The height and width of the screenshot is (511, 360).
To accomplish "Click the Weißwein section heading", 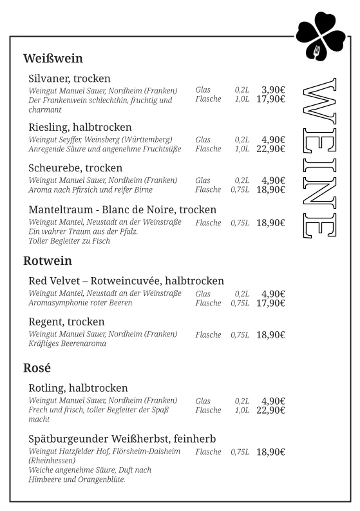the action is (x=53, y=59).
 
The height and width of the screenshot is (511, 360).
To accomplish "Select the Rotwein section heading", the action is (x=47, y=261).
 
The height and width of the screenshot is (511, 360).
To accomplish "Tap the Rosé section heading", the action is (x=37, y=369).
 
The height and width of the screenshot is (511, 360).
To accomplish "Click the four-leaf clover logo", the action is (x=321, y=36).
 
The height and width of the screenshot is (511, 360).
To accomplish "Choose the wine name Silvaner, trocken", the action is (x=70, y=79).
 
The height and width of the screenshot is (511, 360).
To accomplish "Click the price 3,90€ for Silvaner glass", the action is (x=273, y=90).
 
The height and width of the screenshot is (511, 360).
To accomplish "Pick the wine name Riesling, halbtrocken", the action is (x=80, y=127).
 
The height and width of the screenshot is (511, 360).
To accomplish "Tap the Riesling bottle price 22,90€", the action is (x=270, y=149).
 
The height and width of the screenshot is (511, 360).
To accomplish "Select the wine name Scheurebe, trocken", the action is (x=75, y=168).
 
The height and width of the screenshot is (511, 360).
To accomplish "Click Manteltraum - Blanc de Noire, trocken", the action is (x=122, y=210).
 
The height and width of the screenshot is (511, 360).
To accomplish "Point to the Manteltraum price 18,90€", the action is (x=270, y=223).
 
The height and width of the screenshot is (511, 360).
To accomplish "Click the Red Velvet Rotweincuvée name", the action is (x=126, y=281).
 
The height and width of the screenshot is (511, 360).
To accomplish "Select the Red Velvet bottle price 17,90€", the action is (x=270, y=303).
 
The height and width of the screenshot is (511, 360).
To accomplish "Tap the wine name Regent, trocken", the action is (x=66, y=322).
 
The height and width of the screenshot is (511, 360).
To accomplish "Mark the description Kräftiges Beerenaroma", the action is (x=67, y=344).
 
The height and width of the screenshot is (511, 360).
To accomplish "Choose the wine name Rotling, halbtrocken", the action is (x=78, y=388).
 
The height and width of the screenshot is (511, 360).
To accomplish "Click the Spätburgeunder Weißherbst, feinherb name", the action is (x=122, y=439).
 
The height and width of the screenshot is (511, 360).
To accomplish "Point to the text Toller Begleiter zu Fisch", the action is (x=70, y=241).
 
